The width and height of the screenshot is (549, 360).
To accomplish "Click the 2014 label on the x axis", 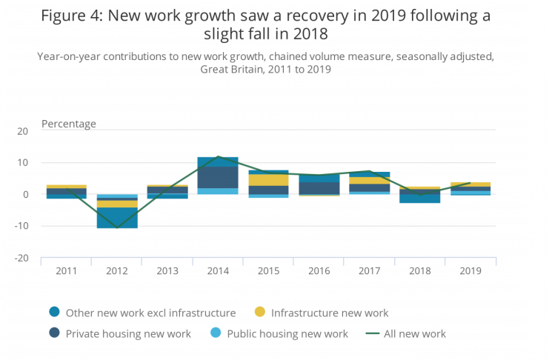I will pos(217,271).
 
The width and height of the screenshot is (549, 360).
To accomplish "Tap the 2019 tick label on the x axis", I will pos(470,271).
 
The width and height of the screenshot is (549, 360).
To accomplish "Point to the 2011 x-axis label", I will pos(66,271).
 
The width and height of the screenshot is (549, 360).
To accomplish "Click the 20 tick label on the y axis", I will pos(23,131).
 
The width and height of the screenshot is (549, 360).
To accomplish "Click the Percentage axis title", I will pos(69,124).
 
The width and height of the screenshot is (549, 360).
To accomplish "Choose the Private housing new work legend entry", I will pos(128,334).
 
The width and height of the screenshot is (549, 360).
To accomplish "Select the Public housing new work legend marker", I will pos(214,334).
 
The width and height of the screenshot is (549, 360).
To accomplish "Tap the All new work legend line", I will pos(372,334).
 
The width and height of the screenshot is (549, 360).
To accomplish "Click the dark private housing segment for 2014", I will pos(217,178).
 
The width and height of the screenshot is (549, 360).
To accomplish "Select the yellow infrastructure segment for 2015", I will pos(267,180).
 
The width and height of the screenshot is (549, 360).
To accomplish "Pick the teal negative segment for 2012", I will pos(117,218).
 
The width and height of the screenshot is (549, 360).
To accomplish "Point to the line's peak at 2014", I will pos(217,156).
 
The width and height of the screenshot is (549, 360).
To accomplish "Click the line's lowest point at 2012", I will pos(117,227).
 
